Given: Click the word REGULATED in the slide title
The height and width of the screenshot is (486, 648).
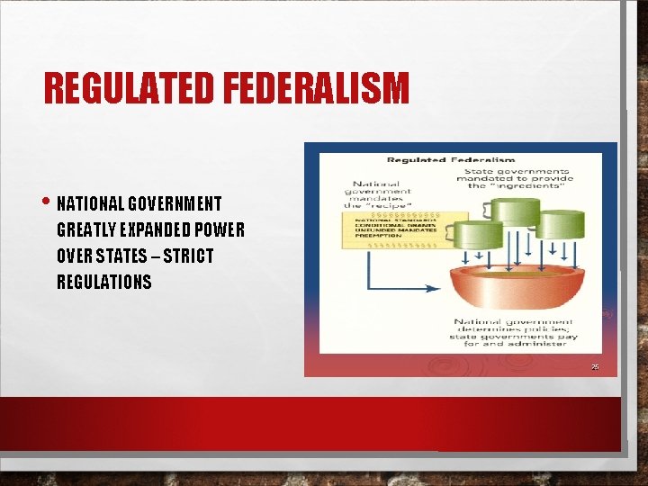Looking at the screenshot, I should click(x=126, y=88).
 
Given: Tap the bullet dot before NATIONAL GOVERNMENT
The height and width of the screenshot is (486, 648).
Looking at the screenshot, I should click(x=48, y=201).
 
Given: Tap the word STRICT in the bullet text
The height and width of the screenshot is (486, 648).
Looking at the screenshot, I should click(x=187, y=256).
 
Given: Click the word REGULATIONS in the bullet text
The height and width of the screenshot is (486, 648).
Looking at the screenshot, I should click(x=104, y=282).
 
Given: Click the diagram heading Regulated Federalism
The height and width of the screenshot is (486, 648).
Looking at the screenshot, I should click(x=451, y=160).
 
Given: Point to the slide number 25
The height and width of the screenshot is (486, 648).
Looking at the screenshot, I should click(x=595, y=366).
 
